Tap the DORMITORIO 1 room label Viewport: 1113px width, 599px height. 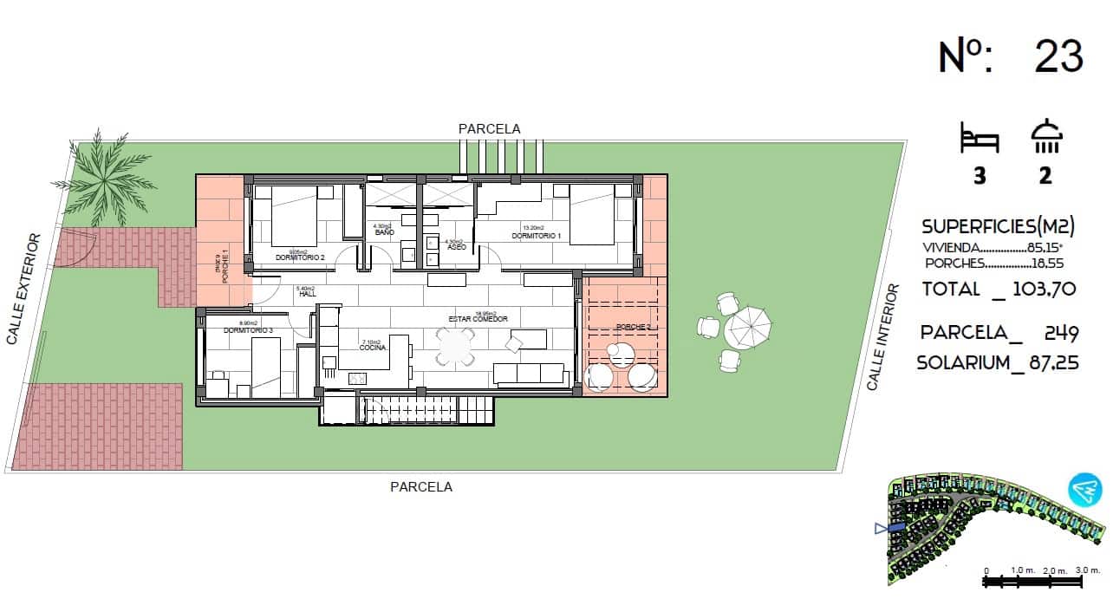[x=537, y=236]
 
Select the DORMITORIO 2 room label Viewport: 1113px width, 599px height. [x=300, y=257]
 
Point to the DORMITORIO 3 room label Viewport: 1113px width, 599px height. [x=248, y=330]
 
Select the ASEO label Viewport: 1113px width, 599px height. [x=456, y=247]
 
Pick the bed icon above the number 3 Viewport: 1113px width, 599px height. [x=980, y=139]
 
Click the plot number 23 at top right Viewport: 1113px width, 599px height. [x=1058, y=56]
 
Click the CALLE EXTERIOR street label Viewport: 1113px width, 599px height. [x=23, y=289]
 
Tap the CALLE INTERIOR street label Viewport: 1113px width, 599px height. [x=884, y=336]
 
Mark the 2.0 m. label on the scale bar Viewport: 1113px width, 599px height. [x=1055, y=570]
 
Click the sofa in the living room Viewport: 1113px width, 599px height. [x=528, y=373]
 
